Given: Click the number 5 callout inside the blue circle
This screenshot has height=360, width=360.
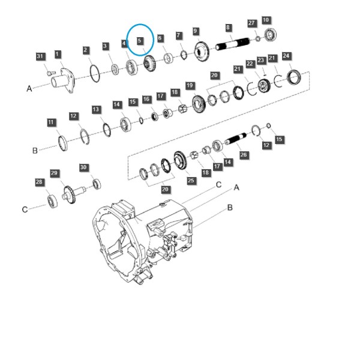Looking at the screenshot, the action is click(139, 41).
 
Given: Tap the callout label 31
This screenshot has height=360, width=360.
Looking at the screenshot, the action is click(40, 56).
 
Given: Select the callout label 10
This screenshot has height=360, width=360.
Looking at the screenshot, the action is click(266, 20).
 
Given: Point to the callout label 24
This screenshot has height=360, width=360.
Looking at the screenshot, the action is click(286, 56).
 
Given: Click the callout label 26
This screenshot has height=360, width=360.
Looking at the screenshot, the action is click(244, 155).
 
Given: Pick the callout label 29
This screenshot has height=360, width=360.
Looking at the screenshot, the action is click(54, 173).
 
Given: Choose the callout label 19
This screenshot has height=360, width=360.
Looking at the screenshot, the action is click(190, 86).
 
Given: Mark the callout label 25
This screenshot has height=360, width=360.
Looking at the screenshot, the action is click(191, 181).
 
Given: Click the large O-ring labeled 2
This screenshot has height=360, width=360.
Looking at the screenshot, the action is click(95, 73).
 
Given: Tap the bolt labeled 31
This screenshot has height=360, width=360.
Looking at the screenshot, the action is click(51, 73).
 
